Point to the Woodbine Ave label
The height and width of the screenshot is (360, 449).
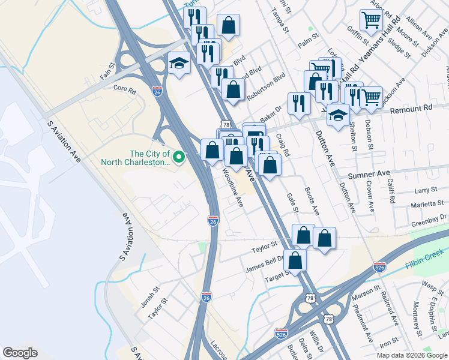pos(233,188)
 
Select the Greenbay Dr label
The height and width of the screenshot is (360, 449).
pos(429,220)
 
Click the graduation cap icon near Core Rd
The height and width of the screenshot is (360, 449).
pos(178,62)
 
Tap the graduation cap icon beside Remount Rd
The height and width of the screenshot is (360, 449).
pos(339,115)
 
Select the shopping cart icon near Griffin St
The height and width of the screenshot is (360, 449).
pos(371,20)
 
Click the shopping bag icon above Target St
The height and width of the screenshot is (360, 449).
pos(295,260)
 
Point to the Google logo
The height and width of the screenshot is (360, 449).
pos(20,353)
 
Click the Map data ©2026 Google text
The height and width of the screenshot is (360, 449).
pos(412,355)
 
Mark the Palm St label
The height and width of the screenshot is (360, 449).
pos(307,45)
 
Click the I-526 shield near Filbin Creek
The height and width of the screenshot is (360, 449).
pos(379,266)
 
